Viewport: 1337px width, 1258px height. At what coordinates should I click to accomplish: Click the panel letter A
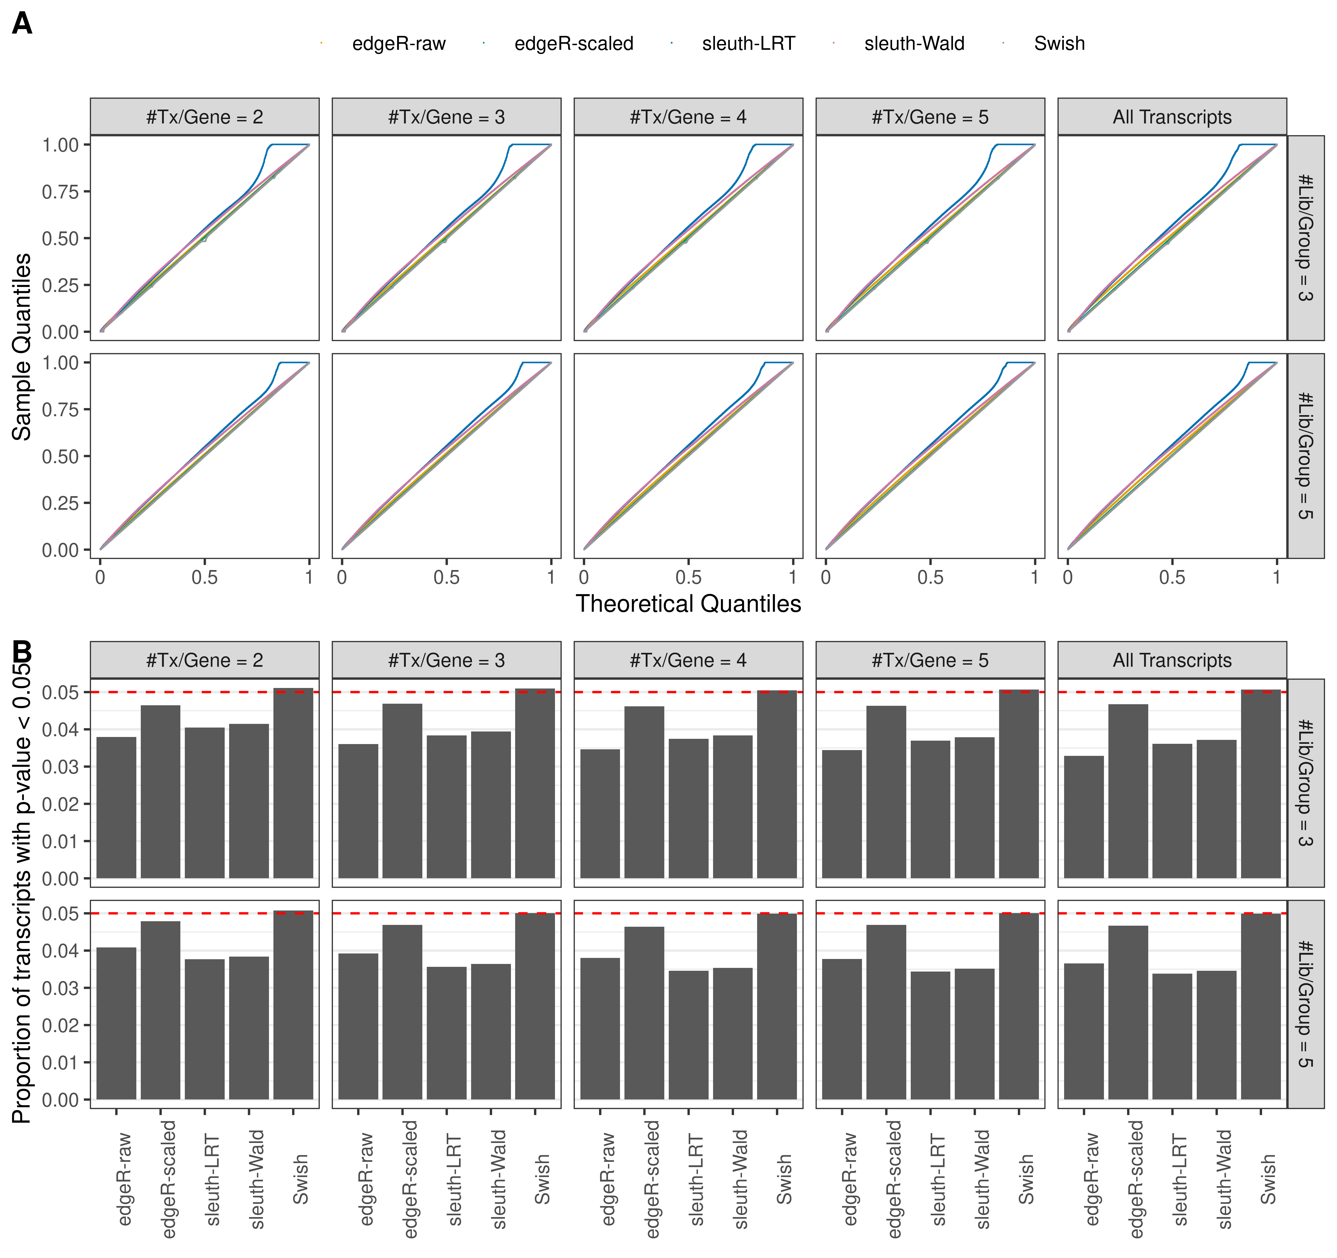[x=22, y=24]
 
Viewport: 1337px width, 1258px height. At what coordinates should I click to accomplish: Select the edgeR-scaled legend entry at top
[x=574, y=44]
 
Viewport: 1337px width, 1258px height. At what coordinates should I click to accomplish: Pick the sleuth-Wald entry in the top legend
[x=914, y=44]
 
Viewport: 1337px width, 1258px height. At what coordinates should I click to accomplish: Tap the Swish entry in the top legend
[x=1059, y=44]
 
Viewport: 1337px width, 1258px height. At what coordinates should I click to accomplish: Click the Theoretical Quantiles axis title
[x=688, y=604]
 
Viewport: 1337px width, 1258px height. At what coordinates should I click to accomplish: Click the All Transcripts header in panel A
[x=1172, y=117]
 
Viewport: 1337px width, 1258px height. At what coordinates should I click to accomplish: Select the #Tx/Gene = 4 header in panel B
[x=688, y=660]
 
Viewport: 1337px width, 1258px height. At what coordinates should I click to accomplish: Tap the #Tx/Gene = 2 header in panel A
[x=204, y=117]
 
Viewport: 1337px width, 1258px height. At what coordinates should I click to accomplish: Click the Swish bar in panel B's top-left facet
[x=293, y=783]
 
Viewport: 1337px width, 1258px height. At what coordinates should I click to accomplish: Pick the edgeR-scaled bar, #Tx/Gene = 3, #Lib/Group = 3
[x=402, y=791]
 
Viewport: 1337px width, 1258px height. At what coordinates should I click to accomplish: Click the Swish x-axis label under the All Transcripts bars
[x=1268, y=1180]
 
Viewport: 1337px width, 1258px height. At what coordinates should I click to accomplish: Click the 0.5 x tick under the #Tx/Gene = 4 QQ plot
[x=688, y=577]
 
